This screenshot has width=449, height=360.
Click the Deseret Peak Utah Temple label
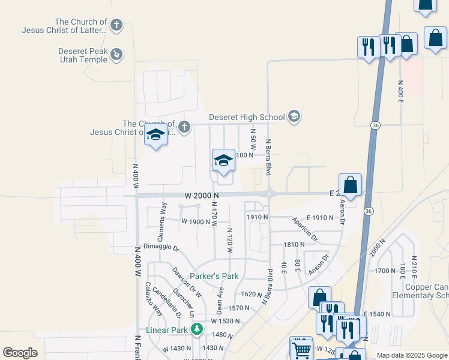(83, 55)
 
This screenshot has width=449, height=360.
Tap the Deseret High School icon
(294, 116)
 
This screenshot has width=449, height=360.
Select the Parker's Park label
(214, 277)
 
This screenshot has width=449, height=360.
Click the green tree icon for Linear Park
(196, 329)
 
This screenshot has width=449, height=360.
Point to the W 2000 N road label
(201, 196)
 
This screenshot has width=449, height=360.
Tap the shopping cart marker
(301, 348)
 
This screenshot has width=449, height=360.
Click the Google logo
(20, 353)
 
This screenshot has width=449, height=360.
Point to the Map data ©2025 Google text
(411, 355)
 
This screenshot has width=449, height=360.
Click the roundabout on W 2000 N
(269, 194)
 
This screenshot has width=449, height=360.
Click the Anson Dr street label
(319, 265)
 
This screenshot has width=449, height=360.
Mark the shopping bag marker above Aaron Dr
(350, 184)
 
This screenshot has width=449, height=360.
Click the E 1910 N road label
(319, 218)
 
